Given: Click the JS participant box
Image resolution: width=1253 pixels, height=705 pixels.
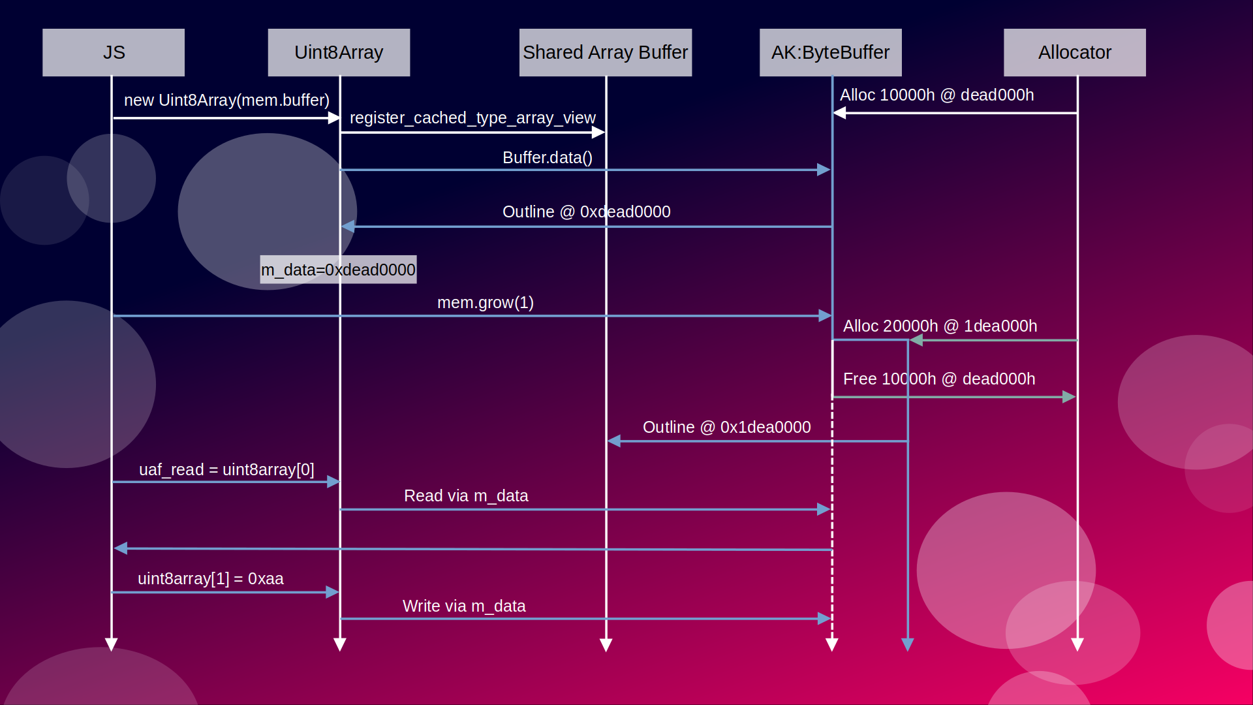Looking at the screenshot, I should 114,52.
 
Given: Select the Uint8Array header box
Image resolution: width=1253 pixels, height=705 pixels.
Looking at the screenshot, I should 339,52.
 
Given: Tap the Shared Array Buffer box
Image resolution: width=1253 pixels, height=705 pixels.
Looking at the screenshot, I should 605,52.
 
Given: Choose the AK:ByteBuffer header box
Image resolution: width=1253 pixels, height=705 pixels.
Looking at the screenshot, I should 830,52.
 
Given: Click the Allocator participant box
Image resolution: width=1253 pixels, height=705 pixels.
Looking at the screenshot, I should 1074,52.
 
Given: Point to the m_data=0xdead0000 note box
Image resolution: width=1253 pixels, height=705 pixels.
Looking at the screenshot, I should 338,270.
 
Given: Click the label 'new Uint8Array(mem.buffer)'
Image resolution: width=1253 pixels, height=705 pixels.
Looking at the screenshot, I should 226,100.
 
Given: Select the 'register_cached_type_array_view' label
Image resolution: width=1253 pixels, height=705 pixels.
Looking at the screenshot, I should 472,117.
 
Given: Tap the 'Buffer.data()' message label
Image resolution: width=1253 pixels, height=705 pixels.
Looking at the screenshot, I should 548,157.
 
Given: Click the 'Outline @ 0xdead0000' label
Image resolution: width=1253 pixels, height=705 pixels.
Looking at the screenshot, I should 586,211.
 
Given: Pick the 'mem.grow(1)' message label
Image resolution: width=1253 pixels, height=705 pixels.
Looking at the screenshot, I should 486,302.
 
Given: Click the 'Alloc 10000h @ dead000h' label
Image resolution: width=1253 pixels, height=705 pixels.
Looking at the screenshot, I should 936,95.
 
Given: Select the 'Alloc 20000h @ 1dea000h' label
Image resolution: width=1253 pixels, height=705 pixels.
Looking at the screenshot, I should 940,326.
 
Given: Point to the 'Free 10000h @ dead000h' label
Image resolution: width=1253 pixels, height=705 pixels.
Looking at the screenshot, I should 939,379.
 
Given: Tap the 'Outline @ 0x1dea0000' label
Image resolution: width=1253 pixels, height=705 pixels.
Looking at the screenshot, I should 726,427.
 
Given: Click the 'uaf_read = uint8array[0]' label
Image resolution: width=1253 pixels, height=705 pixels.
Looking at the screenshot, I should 226,469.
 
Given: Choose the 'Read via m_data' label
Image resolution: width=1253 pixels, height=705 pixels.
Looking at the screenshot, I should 466,495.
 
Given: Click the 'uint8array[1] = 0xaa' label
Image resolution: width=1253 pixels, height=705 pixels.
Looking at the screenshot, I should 210,578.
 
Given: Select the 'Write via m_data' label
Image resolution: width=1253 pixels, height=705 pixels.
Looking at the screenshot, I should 464,606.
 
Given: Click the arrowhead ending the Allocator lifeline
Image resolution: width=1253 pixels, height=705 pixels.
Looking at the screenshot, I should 1077,645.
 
